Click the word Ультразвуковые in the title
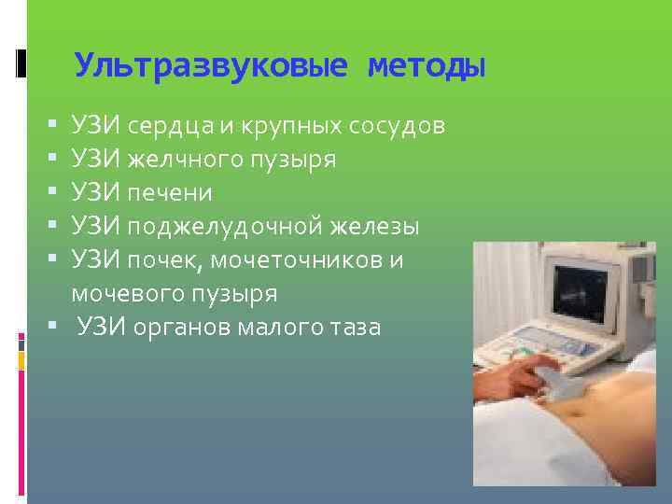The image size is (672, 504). click(211, 65)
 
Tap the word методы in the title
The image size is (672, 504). click(427, 65)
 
